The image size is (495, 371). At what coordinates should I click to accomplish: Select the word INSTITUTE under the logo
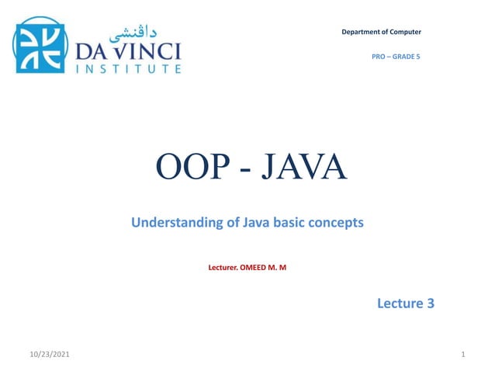(x=129, y=69)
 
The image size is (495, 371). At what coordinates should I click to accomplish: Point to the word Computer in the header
(x=406, y=32)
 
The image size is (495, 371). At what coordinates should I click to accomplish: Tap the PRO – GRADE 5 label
(x=396, y=57)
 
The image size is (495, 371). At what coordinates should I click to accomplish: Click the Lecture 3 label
(x=405, y=303)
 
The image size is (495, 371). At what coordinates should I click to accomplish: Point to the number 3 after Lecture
(x=430, y=303)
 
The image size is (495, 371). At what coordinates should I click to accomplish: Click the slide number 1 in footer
(x=462, y=355)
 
